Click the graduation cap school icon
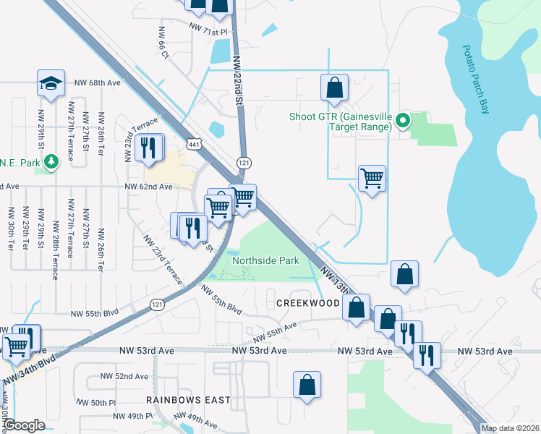51,83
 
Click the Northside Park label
265,260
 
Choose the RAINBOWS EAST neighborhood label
188,400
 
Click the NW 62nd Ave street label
148,187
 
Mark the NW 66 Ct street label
163,44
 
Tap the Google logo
25,425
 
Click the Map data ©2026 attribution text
510,428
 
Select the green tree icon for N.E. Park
51,162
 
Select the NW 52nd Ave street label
125,376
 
